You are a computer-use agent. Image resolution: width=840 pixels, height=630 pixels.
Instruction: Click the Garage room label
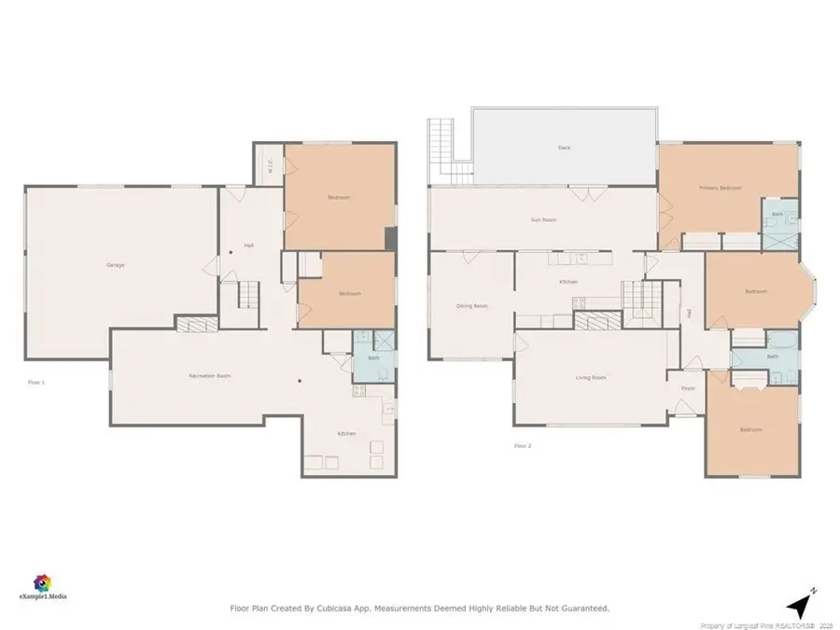116,265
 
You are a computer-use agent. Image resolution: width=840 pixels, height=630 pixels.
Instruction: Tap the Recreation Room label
210,375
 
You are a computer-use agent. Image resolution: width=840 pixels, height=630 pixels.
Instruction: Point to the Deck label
564,147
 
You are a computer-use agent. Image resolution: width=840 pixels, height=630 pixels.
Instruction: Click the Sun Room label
543,219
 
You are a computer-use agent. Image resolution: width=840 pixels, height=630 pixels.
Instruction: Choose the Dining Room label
471,306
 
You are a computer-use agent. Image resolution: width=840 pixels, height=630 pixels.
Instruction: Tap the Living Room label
591,377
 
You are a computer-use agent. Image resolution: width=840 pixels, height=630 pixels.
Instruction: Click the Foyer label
688,387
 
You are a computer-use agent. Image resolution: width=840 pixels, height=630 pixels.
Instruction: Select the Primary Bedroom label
721,188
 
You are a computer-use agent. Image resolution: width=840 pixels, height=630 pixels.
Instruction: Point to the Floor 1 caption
36,382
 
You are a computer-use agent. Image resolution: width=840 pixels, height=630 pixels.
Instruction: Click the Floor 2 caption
523,445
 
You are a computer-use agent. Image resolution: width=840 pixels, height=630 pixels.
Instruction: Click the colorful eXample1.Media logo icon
43,582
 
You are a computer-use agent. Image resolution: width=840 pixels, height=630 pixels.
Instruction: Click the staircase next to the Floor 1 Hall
246,296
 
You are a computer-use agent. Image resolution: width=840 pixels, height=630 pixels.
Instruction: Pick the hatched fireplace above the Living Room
593,321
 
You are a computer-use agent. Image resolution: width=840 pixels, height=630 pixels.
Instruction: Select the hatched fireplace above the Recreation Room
196,323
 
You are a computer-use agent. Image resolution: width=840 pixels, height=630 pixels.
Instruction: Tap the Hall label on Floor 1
249,245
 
